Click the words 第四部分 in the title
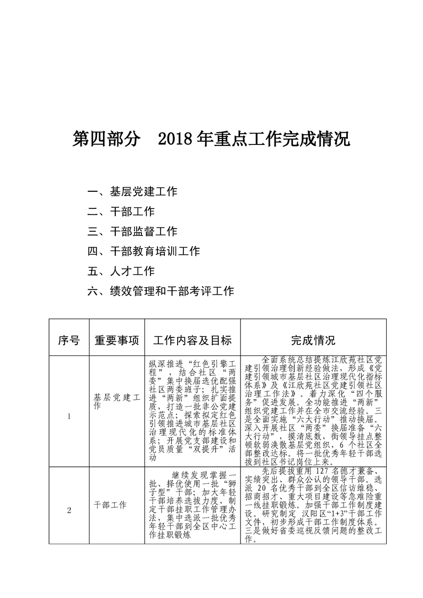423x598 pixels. tap(107, 140)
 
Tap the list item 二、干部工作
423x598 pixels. tap(121, 212)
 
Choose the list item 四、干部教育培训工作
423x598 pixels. tap(143, 251)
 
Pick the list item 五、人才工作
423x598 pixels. tap(121, 271)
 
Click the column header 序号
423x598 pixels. tap(69, 340)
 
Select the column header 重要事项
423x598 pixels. tap(117, 340)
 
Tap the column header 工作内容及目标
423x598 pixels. tap(192, 340)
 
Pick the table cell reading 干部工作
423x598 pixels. tap(110, 504)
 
